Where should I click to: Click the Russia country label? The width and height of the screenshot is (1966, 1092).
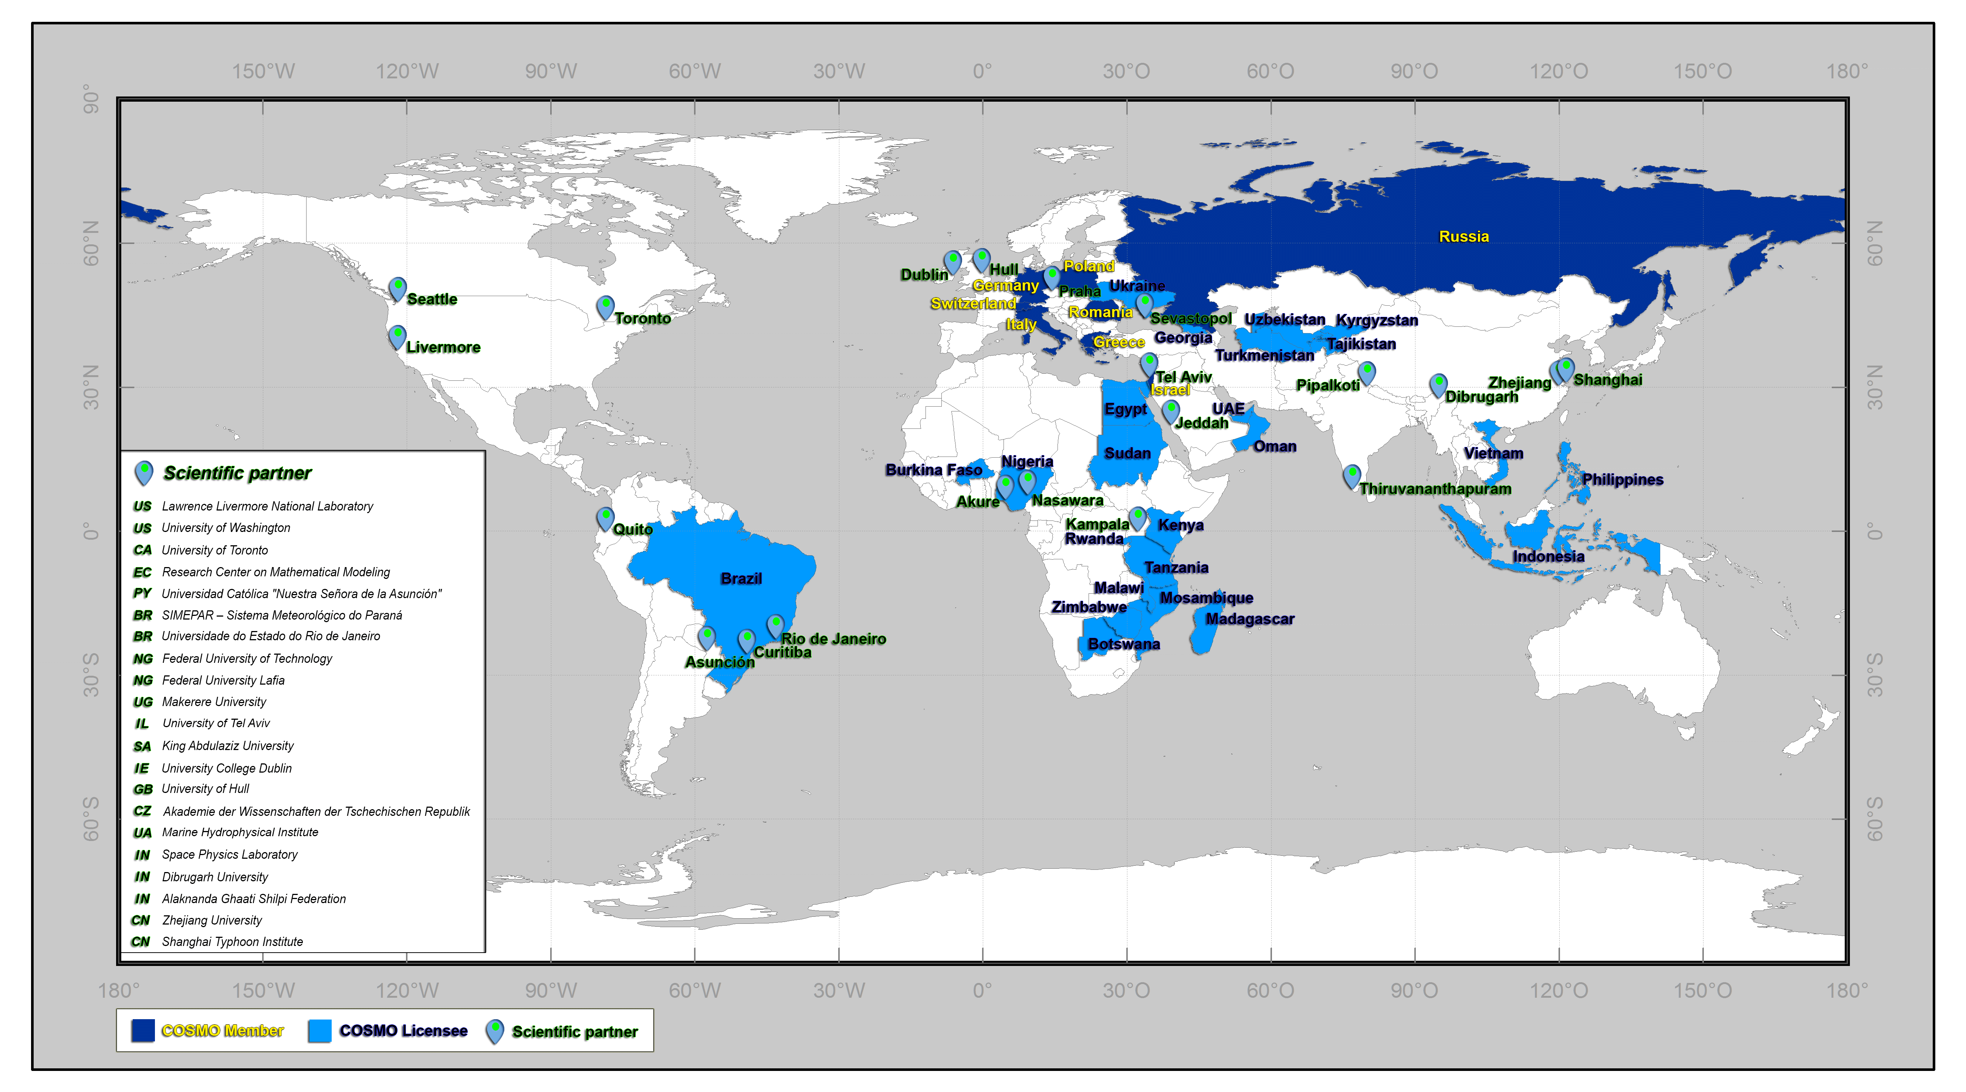point(1463,237)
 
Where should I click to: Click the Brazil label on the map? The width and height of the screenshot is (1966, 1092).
point(740,579)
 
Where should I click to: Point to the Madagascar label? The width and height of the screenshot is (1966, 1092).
point(1249,619)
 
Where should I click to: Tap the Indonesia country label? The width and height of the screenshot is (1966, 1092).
point(1548,556)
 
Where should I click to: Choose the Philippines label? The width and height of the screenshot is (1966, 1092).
point(1622,479)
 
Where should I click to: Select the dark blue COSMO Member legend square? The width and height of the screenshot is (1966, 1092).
point(143,1030)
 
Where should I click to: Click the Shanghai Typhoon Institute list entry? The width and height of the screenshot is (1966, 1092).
point(232,942)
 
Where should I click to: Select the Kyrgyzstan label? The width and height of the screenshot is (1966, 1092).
point(1376,321)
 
